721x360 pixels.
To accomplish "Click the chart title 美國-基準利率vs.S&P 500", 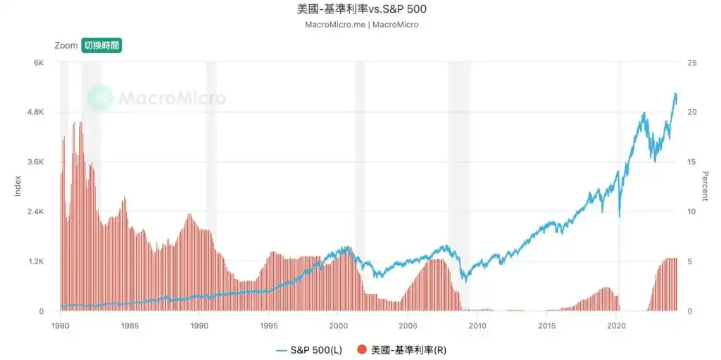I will [361, 10].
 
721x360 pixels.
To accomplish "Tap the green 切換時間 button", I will [101, 45].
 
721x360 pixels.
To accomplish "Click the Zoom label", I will [66, 45].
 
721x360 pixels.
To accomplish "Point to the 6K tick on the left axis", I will [40, 63].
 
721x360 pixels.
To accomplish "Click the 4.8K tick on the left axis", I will [35, 112].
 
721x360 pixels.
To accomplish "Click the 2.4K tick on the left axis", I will [35, 211].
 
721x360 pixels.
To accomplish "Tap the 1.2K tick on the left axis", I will [35, 261].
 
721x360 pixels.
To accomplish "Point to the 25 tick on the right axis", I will [691, 63].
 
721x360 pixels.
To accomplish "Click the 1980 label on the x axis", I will [60, 325].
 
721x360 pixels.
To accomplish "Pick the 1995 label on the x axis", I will [268, 325].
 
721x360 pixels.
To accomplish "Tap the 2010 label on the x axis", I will [477, 325].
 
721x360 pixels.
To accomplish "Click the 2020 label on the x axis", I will [617, 325].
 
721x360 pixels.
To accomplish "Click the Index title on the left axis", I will [18, 186].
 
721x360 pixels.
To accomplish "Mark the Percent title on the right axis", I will [705, 186].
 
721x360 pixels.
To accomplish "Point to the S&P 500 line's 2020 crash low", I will [619, 216].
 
